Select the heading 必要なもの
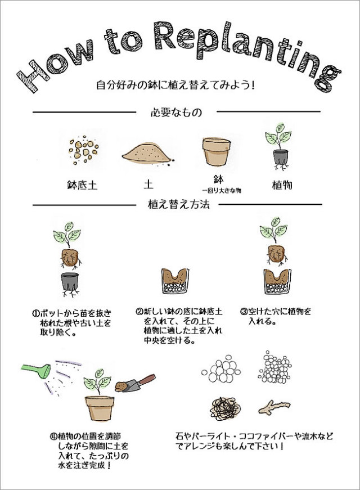tap(176, 113)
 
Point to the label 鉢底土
tap(82, 185)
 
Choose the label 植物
tap(281, 185)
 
